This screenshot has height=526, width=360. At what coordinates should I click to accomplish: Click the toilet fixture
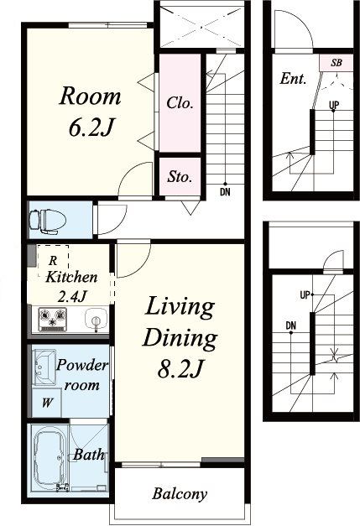[47, 221]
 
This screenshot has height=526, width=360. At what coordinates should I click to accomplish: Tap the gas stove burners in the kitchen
[53, 319]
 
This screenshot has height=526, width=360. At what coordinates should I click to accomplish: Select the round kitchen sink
[96, 320]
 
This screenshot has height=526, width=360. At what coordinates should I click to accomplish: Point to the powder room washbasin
[43, 367]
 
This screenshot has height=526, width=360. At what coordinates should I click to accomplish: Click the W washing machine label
[47, 402]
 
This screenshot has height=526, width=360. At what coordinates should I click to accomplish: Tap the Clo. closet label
[180, 102]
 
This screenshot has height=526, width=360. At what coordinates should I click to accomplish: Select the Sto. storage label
[180, 176]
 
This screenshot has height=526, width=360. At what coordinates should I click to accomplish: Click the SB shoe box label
[337, 63]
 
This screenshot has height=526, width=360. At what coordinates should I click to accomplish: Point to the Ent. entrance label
[294, 79]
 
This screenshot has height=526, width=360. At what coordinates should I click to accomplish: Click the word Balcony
[180, 494]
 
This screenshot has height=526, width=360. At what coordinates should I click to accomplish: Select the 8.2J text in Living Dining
[180, 368]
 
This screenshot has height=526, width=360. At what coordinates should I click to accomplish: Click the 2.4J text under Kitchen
[72, 296]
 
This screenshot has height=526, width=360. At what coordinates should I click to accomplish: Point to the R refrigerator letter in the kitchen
[53, 260]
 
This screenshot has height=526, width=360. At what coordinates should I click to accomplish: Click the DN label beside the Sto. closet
[225, 192]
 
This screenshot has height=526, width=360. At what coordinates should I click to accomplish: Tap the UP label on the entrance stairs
[334, 106]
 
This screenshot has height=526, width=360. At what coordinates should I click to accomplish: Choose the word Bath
[89, 455]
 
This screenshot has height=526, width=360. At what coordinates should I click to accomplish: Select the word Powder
[82, 365]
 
